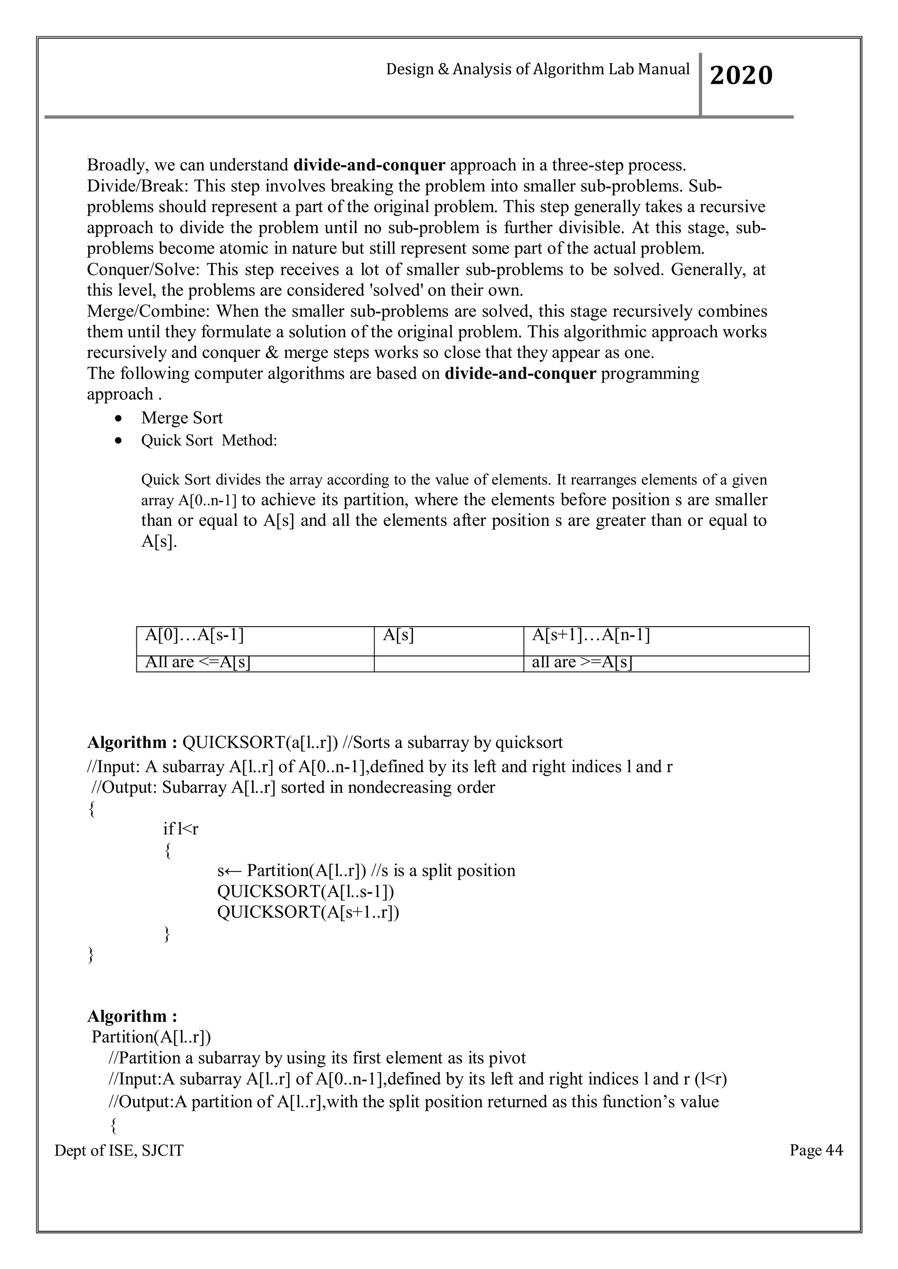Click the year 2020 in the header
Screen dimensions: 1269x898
pyautogui.click(x=741, y=75)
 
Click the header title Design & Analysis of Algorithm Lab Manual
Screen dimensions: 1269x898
pyautogui.click(x=538, y=69)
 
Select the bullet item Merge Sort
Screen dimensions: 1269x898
pyautogui.click(x=182, y=418)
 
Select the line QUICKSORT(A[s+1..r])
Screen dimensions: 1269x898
pyautogui.click(x=308, y=912)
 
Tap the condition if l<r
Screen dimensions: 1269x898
pyautogui.click(x=180, y=829)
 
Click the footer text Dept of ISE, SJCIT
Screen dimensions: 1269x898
pyautogui.click(x=119, y=1151)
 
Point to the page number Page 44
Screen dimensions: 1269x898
pyautogui.click(x=816, y=1150)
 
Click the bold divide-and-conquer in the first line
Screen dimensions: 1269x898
pyautogui.click(x=369, y=165)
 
